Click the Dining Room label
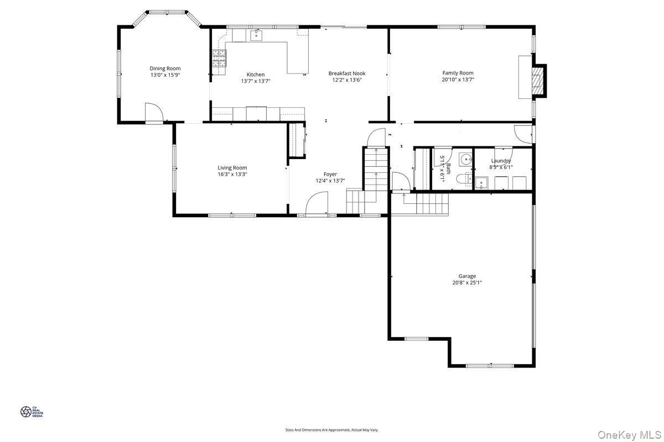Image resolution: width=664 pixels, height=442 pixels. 165,69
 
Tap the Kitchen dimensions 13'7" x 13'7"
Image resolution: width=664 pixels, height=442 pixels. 255,81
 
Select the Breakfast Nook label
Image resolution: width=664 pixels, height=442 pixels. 346,73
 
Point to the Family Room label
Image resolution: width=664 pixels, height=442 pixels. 458,73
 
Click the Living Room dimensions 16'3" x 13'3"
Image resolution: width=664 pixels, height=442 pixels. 232,174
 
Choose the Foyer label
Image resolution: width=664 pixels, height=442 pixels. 330,174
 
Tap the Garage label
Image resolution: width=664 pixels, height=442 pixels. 466,276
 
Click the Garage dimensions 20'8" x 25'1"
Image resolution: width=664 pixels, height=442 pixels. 466,283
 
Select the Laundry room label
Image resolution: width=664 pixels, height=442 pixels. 501,161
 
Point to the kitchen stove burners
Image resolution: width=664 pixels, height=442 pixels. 219,58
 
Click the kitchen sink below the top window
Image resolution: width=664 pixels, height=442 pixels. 257,36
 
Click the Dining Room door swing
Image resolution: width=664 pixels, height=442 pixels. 153,113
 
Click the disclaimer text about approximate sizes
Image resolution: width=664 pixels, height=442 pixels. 331,429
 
